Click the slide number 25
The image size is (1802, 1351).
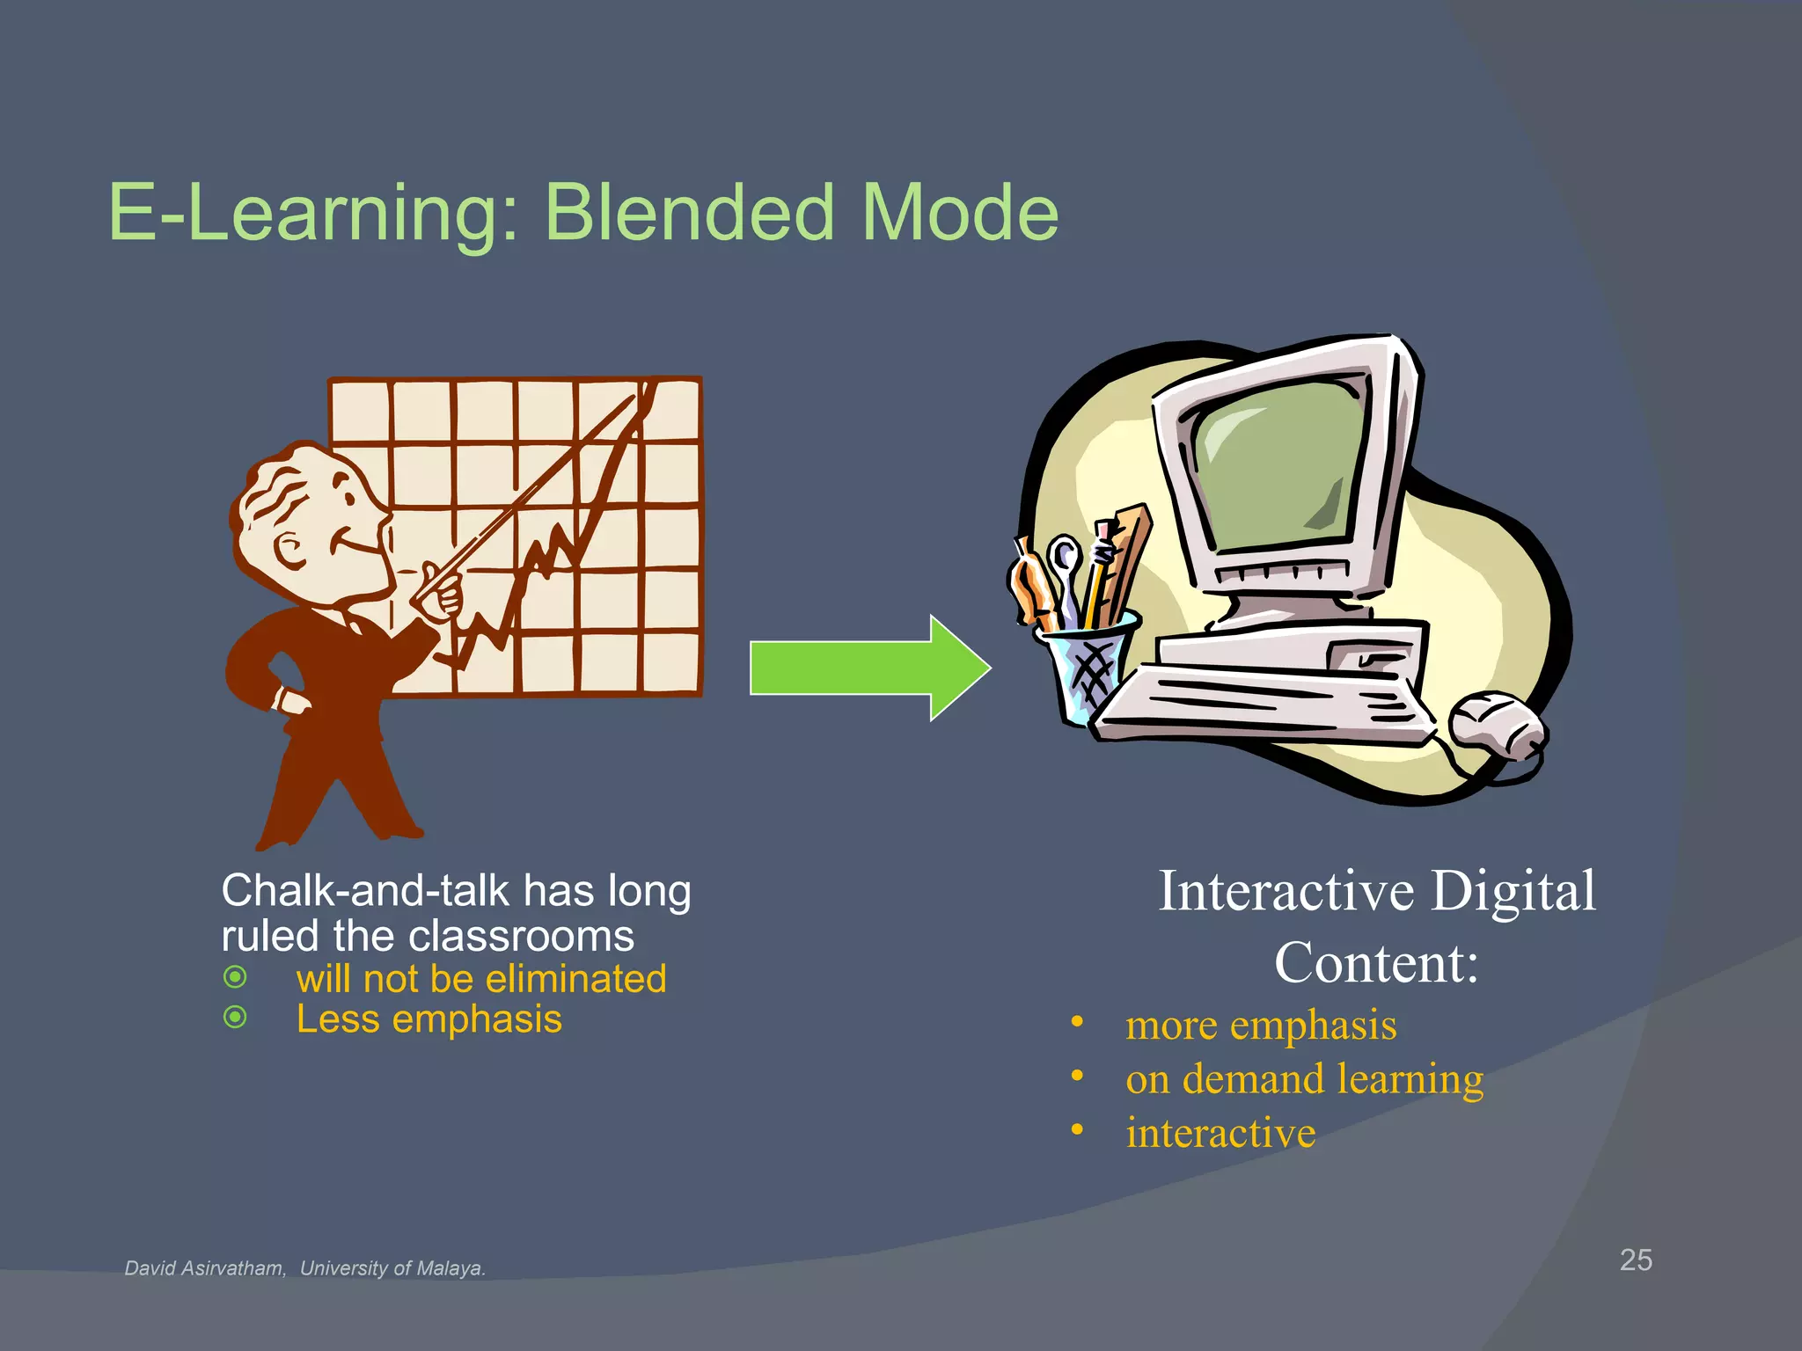pyautogui.click(x=1636, y=1260)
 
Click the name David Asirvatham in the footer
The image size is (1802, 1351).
pyautogui.click(x=204, y=1268)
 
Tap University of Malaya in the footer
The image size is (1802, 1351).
pyautogui.click(x=392, y=1268)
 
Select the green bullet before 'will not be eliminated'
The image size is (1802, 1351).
pyautogui.click(x=235, y=977)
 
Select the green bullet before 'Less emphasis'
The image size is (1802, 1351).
pyautogui.click(x=235, y=1018)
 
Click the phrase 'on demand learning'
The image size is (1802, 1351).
pyautogui.click(x=1304, y=1078)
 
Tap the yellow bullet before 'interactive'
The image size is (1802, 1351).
pyautogui.click(x=1077, y=1129)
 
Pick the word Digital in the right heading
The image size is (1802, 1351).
pyautogui.click(x=1513, y=891)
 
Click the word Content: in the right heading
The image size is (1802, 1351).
pyautogui.click(x=1376, y=962)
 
